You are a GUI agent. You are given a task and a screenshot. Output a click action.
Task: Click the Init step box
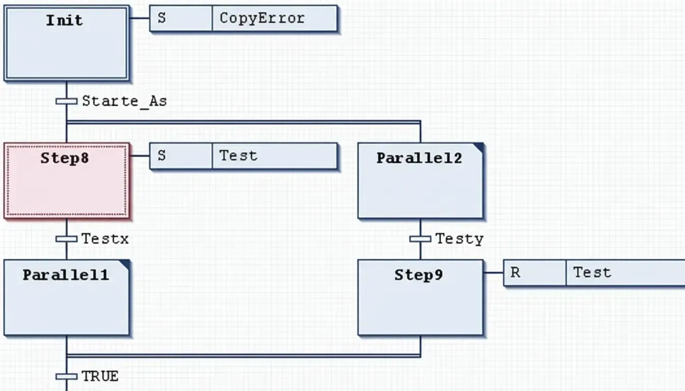click(x=66, y=43)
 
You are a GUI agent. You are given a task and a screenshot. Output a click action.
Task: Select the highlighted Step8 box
click(x=67, y=181)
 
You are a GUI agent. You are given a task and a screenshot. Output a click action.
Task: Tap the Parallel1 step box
click(x=66, y=297)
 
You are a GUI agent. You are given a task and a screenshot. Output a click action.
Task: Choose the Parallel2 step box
click(x=420, y=181)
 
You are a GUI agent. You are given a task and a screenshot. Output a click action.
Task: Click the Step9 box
click(x=420, y=297)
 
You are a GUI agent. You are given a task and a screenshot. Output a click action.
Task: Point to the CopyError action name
click(x=262, y=18)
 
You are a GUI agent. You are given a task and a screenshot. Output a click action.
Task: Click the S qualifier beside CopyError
click(x=162, y=18)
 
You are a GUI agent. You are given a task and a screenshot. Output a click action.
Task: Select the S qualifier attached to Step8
click(x=162, y=156)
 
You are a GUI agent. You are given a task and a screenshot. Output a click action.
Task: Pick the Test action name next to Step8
click(x=239, y=156)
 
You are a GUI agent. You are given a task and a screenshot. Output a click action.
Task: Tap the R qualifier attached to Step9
click(x=515, y=273)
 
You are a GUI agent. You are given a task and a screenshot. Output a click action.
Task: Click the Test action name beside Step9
click(x=592, y=273)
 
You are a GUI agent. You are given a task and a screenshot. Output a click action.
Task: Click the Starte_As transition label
click(x=124, y=101)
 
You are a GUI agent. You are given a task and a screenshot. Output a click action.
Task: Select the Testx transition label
click(x=105, y=239)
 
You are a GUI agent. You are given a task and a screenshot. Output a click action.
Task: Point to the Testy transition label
click(x=459, y=239)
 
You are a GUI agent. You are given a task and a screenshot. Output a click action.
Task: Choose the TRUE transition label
click(x=100, y=377)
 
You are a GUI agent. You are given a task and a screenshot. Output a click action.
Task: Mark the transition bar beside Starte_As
click(x=66, y=101)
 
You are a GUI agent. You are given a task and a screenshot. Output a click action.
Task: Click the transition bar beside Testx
click(x=66, y=239)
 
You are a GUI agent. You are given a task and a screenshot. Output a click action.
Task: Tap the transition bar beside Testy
click(x=420, y=239)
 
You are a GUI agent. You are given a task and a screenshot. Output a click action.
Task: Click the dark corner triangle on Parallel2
click(x=479, y=147)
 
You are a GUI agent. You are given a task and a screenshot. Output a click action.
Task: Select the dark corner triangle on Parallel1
click(x=125, y=264)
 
